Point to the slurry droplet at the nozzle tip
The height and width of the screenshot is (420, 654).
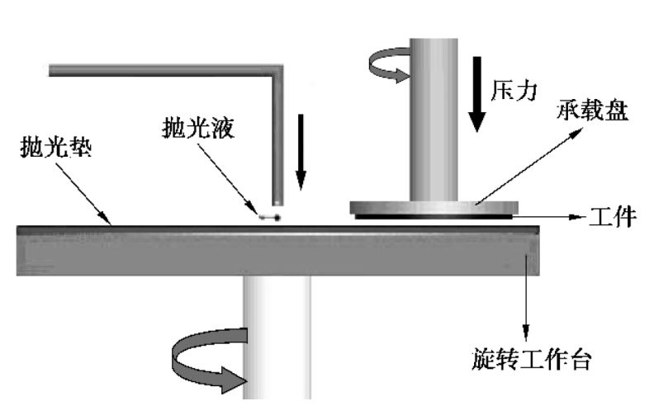(269, 217)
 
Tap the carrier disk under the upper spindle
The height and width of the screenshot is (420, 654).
(434, 207)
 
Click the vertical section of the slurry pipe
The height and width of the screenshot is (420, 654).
(278, 140)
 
